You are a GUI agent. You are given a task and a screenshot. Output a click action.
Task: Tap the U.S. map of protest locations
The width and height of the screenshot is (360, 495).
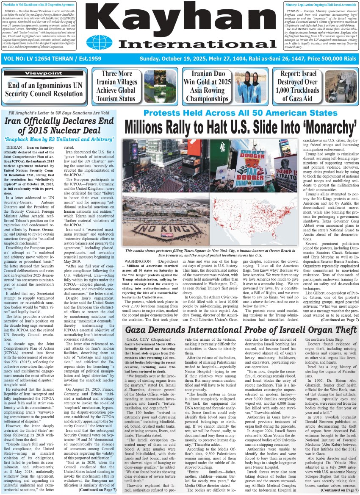coord(256,220)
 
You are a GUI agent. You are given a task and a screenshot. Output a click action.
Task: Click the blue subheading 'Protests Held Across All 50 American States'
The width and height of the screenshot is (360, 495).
coord(240,113)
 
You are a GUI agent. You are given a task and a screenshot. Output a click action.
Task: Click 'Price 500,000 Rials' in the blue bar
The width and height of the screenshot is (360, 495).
coord(332,58)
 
